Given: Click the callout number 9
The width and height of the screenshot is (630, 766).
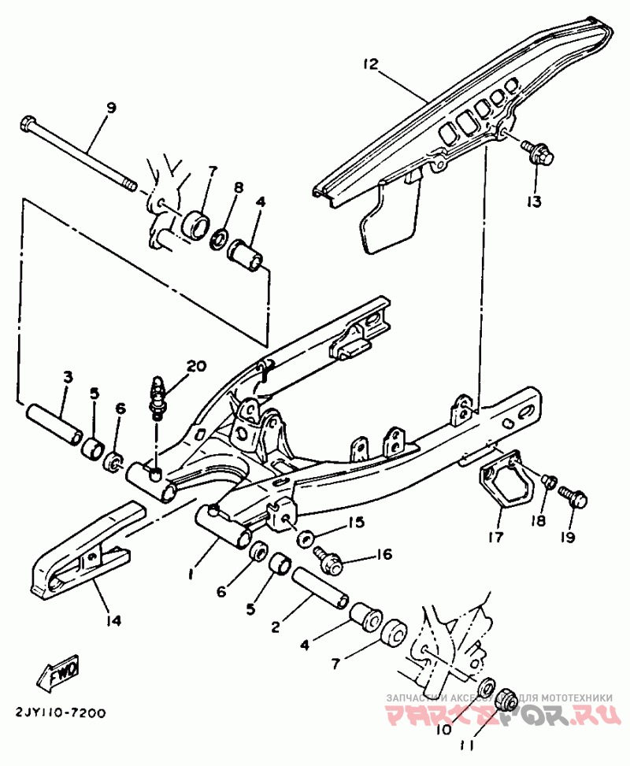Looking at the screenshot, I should point(110,108).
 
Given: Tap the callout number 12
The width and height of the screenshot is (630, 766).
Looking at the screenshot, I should point(372,63).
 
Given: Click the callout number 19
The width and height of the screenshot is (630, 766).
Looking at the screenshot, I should point(568,538).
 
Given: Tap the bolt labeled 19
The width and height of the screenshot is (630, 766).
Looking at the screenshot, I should point(574,496).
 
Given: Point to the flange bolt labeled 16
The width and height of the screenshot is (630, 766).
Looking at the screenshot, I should point(329,561).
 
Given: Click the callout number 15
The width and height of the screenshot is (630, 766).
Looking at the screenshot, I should point(355,522).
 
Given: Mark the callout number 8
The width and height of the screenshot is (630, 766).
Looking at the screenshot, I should point(239,187).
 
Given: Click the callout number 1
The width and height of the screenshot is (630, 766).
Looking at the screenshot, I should point(191,575).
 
